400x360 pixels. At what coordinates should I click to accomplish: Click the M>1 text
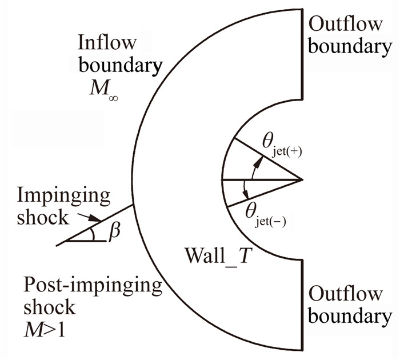45,330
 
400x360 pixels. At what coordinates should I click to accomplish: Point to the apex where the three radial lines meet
302,180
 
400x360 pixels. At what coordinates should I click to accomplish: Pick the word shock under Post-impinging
49,307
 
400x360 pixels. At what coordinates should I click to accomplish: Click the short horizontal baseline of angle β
86,241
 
